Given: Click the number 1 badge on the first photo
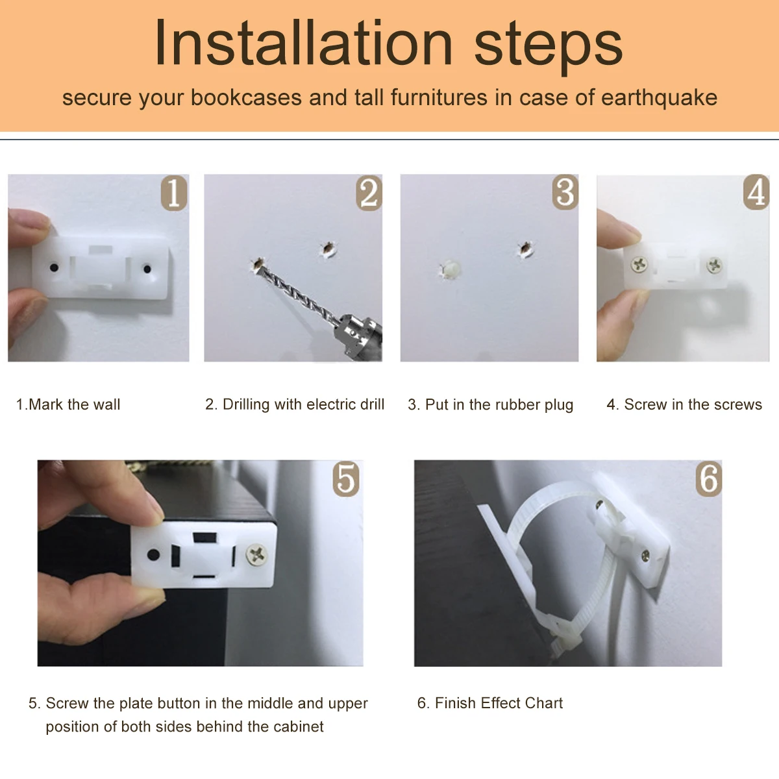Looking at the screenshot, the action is pyautogui.click(x=174, y=193).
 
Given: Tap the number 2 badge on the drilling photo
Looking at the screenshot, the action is pyautogui.click(x=369, y=193).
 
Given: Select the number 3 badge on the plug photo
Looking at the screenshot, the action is pyautogui.click(x=565, y=192).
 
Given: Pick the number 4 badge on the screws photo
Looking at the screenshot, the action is pyautogui.click(x=756, y=192).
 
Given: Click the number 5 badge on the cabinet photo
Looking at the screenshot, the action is pyautogui.click(x=346, y=479).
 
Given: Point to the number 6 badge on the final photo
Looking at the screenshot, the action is pyautogui.click(x=709, y=479).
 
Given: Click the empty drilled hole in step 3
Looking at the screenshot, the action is pyautogui.click(x=526, y=249).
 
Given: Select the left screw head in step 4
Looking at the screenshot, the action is pyautogui.click(x=639, y=264).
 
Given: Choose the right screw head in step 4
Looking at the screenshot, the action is pyautogui.click(x=714, y=266).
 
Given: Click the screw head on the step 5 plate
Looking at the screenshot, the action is pyautogui.click(x=256, y=554).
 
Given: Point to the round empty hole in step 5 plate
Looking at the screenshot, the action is pyautogui.click(x=154, y=554).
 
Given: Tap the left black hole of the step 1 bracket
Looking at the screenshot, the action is pyautogui.click(x=54, y=267).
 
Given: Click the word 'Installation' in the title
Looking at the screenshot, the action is pyautogui.click(x=303, y=43).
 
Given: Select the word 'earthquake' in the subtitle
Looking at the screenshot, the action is pyautogui.click(x=659, y=98).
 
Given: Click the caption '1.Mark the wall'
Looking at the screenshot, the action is pyautogui.click(x=68, y=404).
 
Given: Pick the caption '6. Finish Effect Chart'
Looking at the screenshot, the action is pyautogui.click(x=490, y=703).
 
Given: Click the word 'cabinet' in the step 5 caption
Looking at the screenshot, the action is pyautogui.click(x=299, y=727).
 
